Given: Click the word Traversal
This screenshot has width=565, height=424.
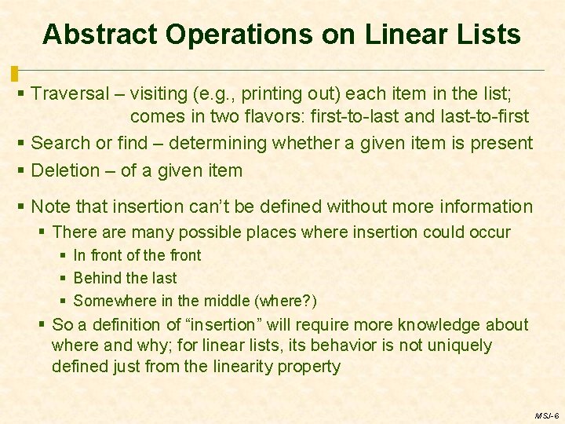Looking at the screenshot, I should [x=70, y=94].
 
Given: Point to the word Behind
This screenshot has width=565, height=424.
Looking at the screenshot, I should [x=97, y=278].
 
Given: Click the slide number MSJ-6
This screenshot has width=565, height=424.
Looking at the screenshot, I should [x=546, y=415].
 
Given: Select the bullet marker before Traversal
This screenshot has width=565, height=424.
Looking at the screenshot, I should [x=21, y=94].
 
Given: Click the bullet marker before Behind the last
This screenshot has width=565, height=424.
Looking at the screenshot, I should [x=64, y=278].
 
